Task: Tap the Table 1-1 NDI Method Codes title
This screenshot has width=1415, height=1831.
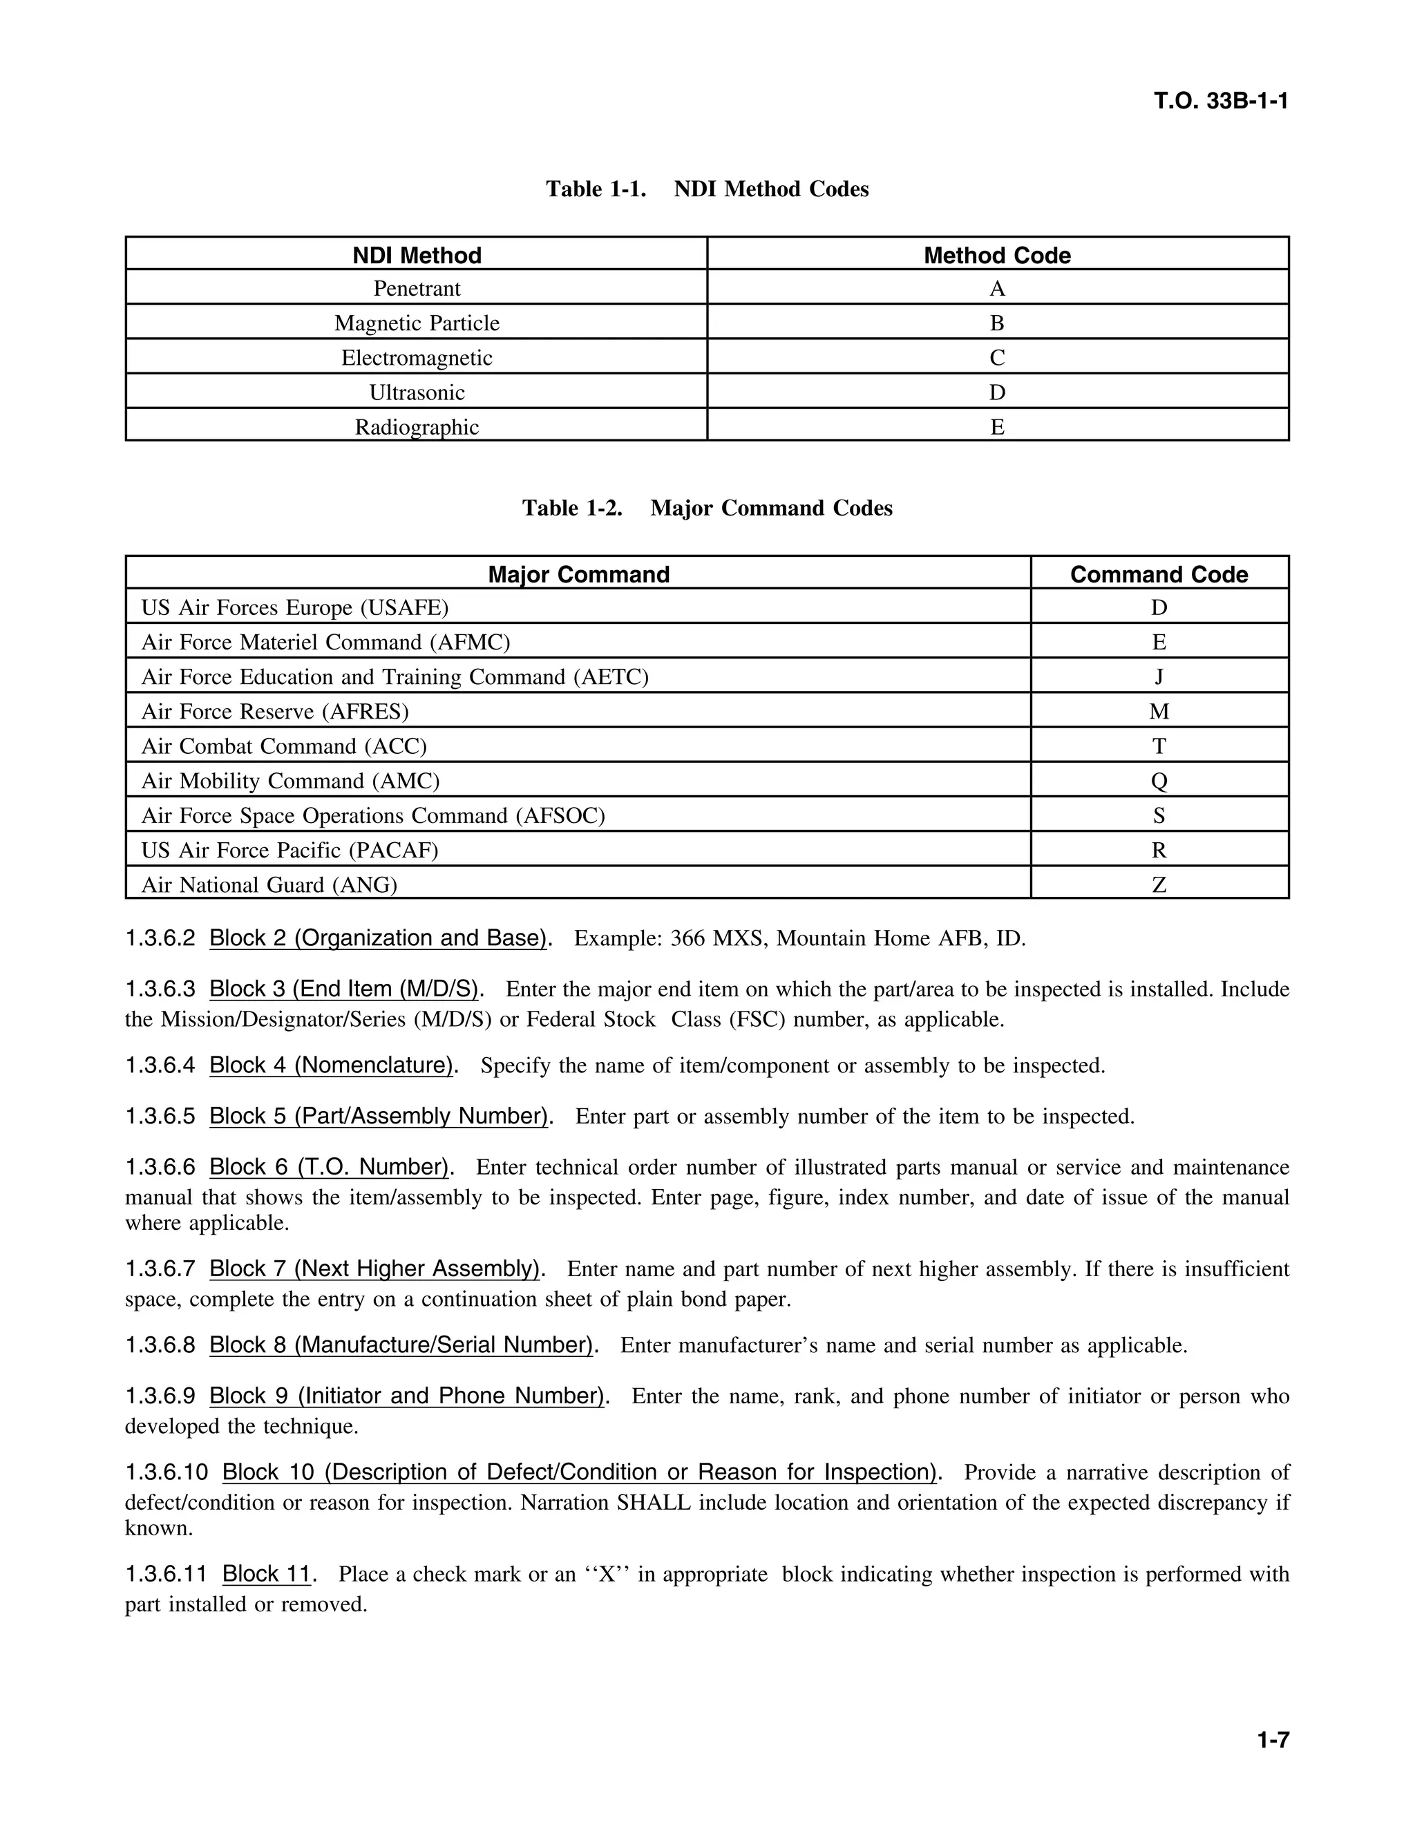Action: click(707, 189)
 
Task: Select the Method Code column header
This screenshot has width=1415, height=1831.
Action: click(997, 255)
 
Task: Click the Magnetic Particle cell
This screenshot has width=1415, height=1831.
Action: click(417, 323)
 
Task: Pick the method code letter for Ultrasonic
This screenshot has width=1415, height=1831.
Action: click(997, 392)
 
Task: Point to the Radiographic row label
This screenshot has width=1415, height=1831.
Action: click(417, 427)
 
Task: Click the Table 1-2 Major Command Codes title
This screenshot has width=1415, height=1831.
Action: click(707, 508)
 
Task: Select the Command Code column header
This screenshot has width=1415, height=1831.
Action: click(1159, 574)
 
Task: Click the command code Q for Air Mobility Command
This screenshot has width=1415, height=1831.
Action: click(1159, 781)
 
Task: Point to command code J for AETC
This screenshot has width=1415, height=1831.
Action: click(1159, 676)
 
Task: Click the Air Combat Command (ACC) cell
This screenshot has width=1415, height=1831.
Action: click(283, 746)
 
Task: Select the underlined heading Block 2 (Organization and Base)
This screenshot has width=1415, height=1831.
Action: click(379, 938)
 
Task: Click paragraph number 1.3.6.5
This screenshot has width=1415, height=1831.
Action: click(160, 1117)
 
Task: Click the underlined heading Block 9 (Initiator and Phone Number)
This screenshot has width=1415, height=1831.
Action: click(406, 1396)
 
